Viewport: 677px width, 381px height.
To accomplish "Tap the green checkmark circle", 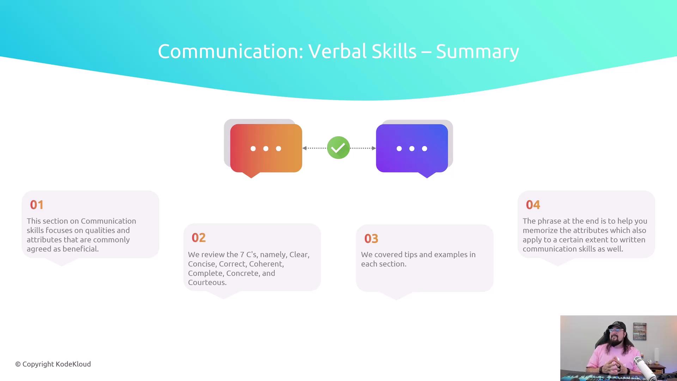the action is click(338, 148).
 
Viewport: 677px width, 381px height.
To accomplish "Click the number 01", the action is click(37, 205).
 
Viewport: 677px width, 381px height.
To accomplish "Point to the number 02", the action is click(199, 238).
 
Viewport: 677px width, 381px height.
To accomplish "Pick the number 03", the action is click(371, 239).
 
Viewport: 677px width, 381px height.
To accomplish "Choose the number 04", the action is click(533, 205).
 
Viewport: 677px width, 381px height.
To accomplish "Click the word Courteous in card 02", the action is click(207, 283).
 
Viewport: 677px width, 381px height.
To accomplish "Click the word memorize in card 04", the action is click(540, 230).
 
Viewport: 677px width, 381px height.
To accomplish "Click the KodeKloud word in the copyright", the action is click(73, 364).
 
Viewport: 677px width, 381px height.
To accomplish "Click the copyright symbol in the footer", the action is click(18, 364).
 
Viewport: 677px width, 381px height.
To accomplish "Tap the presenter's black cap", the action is click(617, 326).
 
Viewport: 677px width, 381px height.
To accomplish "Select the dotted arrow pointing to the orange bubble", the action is click(315, 148).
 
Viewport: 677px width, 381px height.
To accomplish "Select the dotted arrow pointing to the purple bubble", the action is click(363, 148).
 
